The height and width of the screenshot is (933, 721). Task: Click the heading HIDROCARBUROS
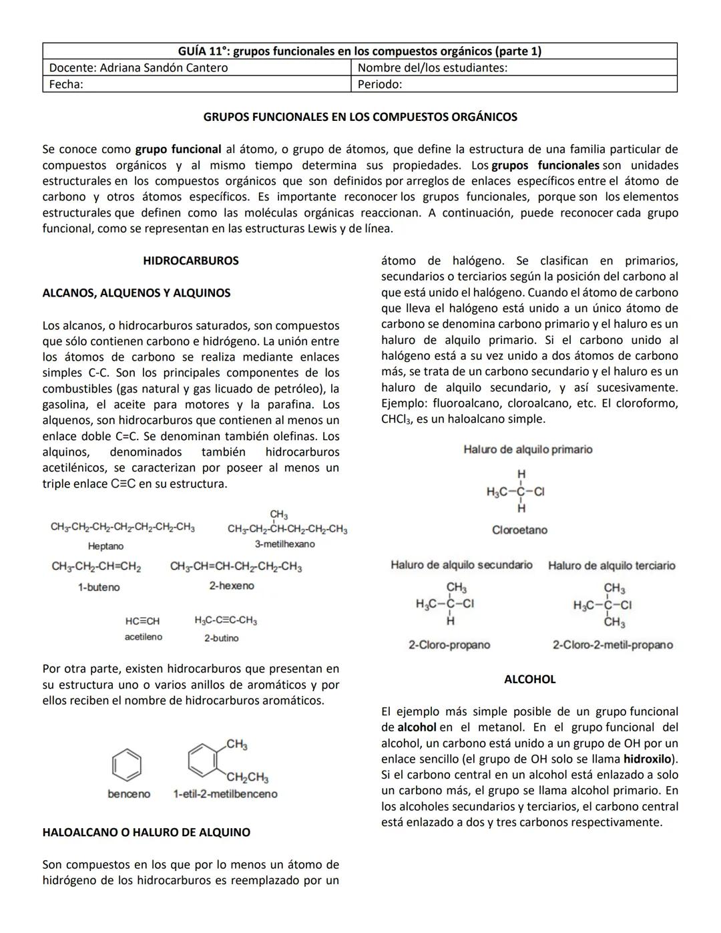[x=190, y=260]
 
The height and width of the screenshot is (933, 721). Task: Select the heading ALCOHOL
[x=529, y=679]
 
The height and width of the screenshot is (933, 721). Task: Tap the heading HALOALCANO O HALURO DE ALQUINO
[x=146, y=832]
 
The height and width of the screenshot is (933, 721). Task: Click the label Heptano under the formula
[x=105, y=546]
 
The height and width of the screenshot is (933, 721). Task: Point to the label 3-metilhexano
[x=284, y=544]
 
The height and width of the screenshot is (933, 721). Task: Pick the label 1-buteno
[x=99, y=587]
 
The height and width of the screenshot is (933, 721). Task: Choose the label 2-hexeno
[x=231, y=586]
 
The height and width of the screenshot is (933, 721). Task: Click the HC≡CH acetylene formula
[x=142, y=621]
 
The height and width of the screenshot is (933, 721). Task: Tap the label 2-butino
[x=221, y=638]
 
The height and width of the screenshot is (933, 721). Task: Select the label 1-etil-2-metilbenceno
[x=225, y=794]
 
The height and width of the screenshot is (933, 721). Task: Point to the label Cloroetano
[x=519, y=530]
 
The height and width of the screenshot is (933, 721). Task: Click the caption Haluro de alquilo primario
[x=527, y=449]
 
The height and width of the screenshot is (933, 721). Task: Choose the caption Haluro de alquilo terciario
[x=612, y=566]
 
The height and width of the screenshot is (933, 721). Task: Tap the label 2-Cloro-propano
[x=449, y=644]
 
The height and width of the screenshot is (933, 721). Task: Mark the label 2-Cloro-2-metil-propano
[x=612, y=644]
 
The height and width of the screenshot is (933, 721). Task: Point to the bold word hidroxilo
[x=647, y=759]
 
